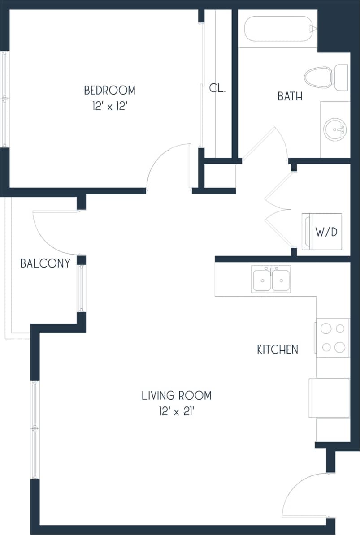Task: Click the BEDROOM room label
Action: click(x=109, y=90)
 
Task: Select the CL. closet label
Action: click(x=217, y=88)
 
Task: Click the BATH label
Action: click(x=290, y=96)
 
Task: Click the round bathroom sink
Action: click(x=334, y=129)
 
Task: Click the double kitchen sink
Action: click(x=271, y=279)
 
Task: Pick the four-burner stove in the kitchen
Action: click(x=332, y=337)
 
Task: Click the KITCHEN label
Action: click(x=277, y=349)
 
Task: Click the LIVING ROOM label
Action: click(x=176, y=396)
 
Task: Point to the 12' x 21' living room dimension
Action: click(x=176, y=411)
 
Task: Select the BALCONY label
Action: click(x=45, y=263)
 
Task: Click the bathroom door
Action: click(x=265, y=143)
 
